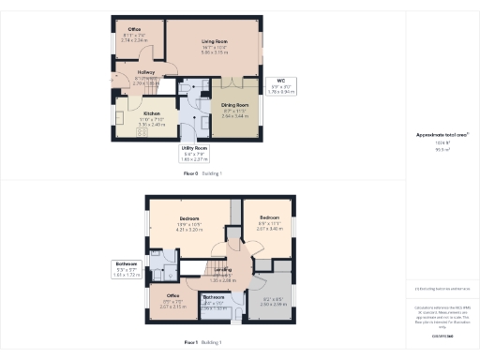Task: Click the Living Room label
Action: [x=216, y=39]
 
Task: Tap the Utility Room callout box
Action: [x=194, y=154]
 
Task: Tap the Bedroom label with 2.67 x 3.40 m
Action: [x=269, y=221]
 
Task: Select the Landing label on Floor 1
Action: [x=222, y=273]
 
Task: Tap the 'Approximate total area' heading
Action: [x=442, y=135]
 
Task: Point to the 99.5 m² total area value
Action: [x=441, y=148]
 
